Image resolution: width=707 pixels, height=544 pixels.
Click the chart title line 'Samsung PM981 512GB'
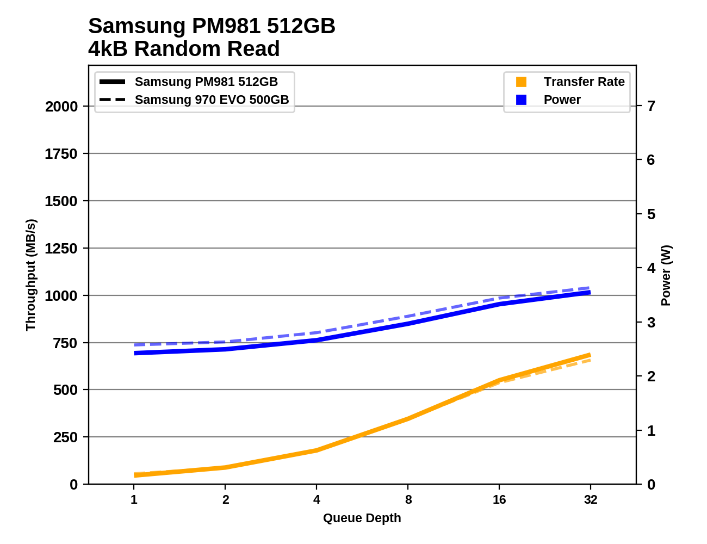coord(212,26)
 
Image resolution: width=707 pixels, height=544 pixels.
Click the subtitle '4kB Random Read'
coord(184,49)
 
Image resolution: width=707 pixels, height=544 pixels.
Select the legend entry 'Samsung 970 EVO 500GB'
coord(212,100)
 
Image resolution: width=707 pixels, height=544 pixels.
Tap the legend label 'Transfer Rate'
coord(584,82)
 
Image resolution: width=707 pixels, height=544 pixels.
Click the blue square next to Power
coord(521,100)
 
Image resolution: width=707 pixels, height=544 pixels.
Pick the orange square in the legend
coord(521,82)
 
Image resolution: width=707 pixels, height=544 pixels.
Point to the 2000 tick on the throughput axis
coord(61,107)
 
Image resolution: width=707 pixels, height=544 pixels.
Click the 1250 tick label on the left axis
coord(61,249)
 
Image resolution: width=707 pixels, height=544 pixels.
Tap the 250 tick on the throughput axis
coord(65,437)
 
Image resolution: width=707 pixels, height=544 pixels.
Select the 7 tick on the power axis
coord(651,106)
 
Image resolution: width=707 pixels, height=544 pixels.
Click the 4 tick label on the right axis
coord(651,268)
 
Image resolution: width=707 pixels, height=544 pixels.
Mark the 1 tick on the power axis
coord(651,431)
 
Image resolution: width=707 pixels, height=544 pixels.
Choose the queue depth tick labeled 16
coord(499,499)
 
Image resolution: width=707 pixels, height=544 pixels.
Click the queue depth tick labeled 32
coord(591,499)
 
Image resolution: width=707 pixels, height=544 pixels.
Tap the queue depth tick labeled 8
coord(408,499)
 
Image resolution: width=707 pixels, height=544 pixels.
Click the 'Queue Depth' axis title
coord(362,518)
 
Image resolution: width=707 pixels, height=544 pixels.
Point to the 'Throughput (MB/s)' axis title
coord(30,275)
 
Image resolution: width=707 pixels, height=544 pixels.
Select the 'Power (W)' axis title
coord(666,275)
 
